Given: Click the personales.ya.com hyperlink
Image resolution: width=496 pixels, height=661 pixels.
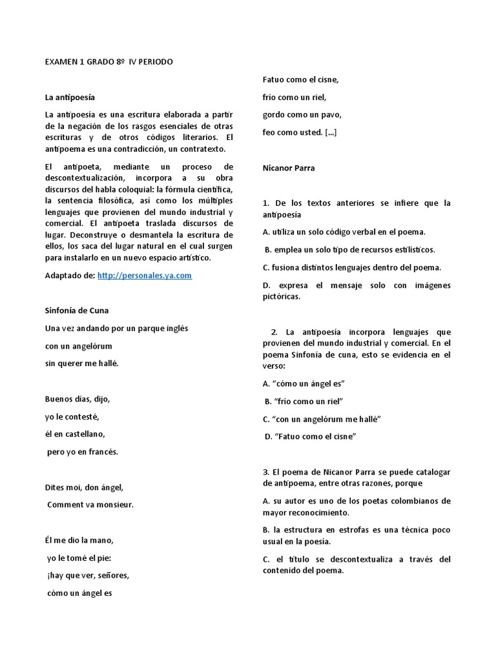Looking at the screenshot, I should (145, 275).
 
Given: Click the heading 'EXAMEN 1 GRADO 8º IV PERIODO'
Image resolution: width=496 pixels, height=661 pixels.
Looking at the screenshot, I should (108, 62).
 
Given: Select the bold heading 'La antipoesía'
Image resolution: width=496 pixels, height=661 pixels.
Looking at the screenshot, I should (70, 97).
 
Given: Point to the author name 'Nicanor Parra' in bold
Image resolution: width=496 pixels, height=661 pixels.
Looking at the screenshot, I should (289, 168).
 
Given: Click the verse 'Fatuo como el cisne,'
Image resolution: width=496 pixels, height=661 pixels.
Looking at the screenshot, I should (301, 79).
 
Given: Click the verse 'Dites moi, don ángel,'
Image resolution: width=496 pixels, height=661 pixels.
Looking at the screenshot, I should (84, 487).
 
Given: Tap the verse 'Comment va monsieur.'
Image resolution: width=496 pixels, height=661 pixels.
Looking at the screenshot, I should (90, 504).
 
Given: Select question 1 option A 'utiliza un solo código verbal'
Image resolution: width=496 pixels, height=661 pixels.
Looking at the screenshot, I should (344, 232).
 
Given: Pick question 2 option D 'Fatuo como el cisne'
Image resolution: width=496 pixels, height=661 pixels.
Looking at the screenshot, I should (311, 436).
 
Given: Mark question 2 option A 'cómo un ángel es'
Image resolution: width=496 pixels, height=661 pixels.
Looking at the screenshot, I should (304, 383).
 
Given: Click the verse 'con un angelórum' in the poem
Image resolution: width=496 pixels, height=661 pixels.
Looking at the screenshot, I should (79, 345).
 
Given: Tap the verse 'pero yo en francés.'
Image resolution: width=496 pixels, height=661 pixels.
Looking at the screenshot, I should (83, 451).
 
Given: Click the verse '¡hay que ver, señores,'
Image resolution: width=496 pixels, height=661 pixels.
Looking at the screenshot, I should (88, 575).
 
